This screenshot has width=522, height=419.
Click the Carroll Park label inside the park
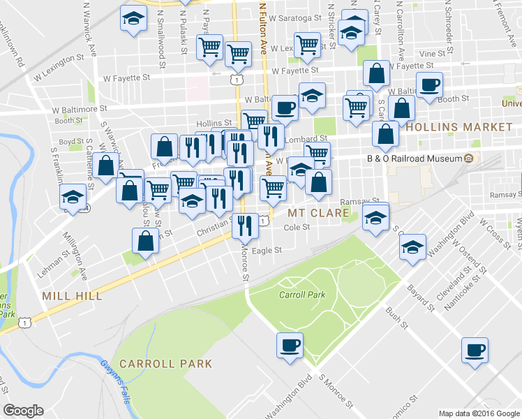pos(302,295)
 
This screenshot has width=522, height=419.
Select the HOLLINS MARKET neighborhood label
pos(458,127)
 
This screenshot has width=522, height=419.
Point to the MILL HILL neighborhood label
pos(72,296)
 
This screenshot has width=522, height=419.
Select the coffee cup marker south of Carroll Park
pos(290,345)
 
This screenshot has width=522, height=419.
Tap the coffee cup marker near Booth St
pos(429,85)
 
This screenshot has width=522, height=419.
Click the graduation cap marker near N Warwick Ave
pos(133,18)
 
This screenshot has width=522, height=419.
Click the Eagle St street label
pos(267,250)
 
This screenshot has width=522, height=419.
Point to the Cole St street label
pos(297,227)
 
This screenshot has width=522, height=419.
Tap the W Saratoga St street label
pos(294,19)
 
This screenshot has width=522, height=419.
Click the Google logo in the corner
pos(23,410)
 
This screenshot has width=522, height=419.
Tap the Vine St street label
pos(433,53)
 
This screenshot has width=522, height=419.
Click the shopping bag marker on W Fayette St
pos(377,74)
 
